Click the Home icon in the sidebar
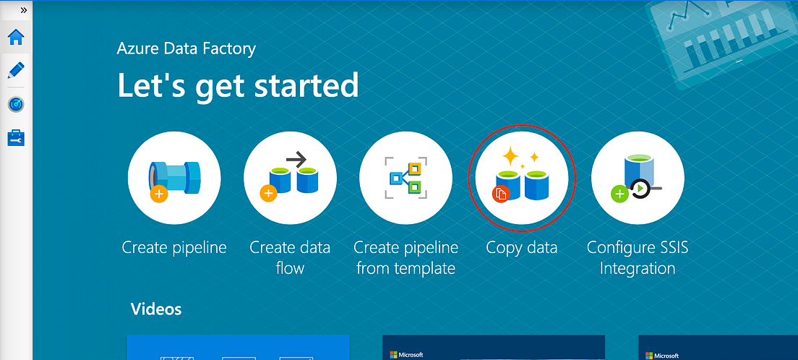(x=16, y=36)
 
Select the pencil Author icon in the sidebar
(x=16, y=71)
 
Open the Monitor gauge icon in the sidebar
(x=16, y=104)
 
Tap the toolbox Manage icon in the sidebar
(x=16, y=137)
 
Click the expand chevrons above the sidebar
(x=24, y=11)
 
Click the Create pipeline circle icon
(x=174, y=179)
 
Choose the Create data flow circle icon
(x=290, y=179)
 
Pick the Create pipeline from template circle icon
(x=406, y=179)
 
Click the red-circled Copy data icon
(x=522, y=179)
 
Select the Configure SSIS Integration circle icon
(x=638, y=179)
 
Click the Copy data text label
(x=522, y=248)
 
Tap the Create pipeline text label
(x=174, y=248)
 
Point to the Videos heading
(x=156, y=309)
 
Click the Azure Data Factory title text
(x=186, y=49)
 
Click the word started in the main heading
(x=307, y=85)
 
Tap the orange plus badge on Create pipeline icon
(x=159, y=194)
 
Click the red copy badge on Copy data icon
(x=501, y=193)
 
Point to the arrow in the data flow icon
(x=296, y=158)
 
